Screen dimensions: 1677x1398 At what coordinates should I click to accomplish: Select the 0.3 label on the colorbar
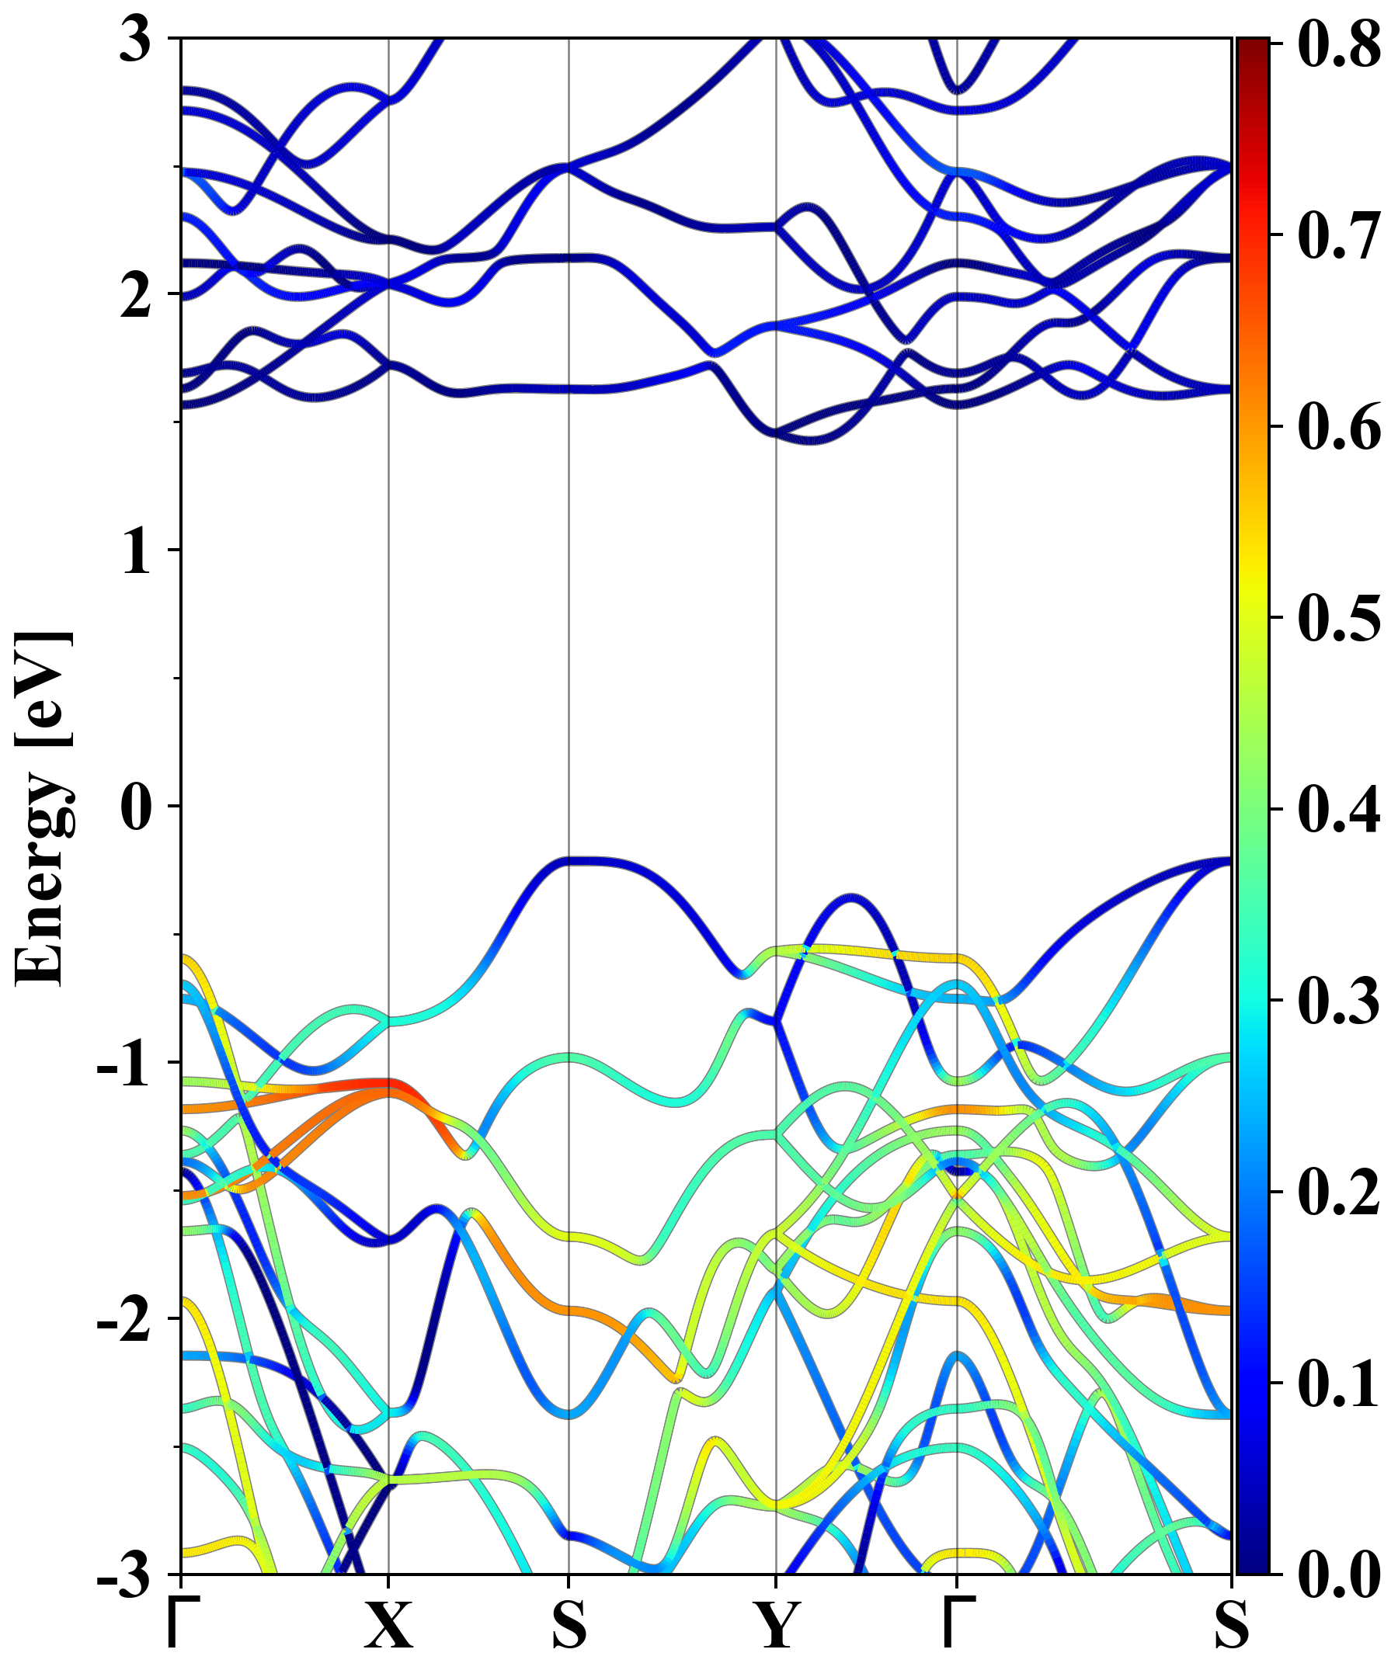click(1339, 1001)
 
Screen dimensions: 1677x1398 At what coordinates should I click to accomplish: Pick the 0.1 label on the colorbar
click(1339, 1384)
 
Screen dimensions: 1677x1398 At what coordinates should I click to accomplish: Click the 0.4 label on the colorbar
click(1339, 809)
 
